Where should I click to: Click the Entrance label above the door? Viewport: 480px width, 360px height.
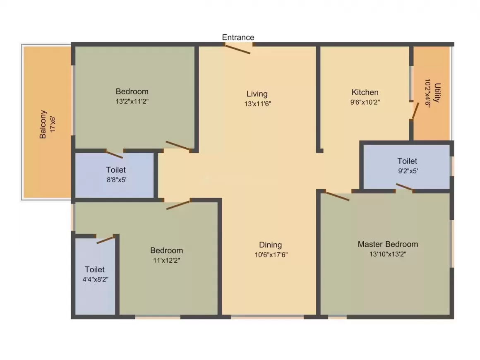click(238, 37)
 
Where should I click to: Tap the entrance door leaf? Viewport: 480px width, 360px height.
click(237, 49)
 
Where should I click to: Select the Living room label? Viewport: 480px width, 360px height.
click(257, 94)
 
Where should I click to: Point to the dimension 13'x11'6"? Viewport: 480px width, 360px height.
click(258, 104)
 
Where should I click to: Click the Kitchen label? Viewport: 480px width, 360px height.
click(365, 92)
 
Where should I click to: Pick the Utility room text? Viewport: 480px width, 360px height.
click(437, 92)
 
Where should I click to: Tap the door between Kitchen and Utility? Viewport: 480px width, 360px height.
click(415, 111)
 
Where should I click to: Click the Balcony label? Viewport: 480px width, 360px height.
click(43, 124)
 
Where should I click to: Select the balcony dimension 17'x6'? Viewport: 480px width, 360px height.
click(53, 124)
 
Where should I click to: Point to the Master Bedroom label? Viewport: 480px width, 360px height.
click(388, 244)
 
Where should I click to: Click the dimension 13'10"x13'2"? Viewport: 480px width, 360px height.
click(388, 254)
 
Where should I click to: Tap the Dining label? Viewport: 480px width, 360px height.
click(270, 245)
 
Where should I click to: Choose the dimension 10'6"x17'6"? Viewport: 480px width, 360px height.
click(271, 255)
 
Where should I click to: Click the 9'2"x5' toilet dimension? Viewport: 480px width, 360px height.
click(408, 171)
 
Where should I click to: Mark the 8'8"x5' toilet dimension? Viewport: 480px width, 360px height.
click(117, 180)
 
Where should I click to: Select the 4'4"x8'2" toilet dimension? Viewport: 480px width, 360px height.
click(96, 279)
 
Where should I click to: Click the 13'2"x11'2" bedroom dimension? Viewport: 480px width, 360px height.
click(132, 101)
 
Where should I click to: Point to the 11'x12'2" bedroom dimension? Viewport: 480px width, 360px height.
click(166, 261)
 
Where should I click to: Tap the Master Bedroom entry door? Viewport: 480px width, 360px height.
click(337, 196)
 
